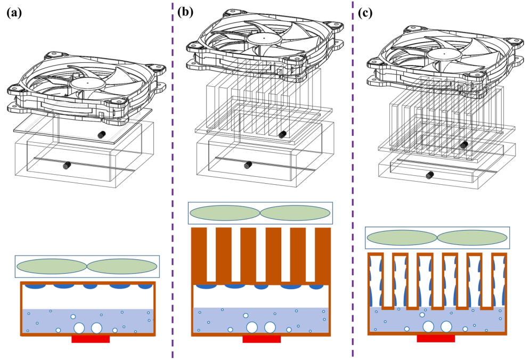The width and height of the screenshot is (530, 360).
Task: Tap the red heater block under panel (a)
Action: point(91,339)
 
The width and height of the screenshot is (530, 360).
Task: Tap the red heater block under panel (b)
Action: point(262,339)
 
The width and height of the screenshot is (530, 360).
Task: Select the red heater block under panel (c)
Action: point(436,338)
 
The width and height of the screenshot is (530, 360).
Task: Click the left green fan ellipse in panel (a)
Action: point(52,266)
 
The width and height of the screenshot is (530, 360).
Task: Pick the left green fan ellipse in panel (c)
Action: point(401,238)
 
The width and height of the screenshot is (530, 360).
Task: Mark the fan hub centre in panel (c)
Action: point(443,54)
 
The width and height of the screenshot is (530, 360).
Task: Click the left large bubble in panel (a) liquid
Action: point(79,328)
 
